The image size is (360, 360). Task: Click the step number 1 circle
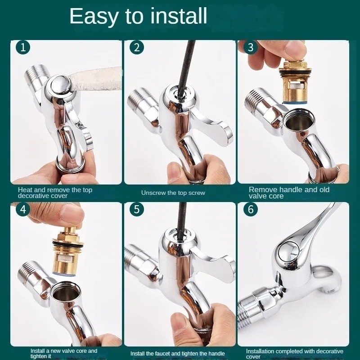pos(23,48)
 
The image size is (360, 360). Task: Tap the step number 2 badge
pos(137,48)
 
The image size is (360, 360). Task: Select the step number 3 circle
pos(251,48)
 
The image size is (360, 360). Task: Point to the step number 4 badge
pos(23,209)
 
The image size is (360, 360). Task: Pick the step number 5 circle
pos(137,209)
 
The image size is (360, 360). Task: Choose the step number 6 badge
pos(251,209)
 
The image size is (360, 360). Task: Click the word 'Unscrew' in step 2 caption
pos(153,193)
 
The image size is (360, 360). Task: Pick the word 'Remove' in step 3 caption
pos(261,189)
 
